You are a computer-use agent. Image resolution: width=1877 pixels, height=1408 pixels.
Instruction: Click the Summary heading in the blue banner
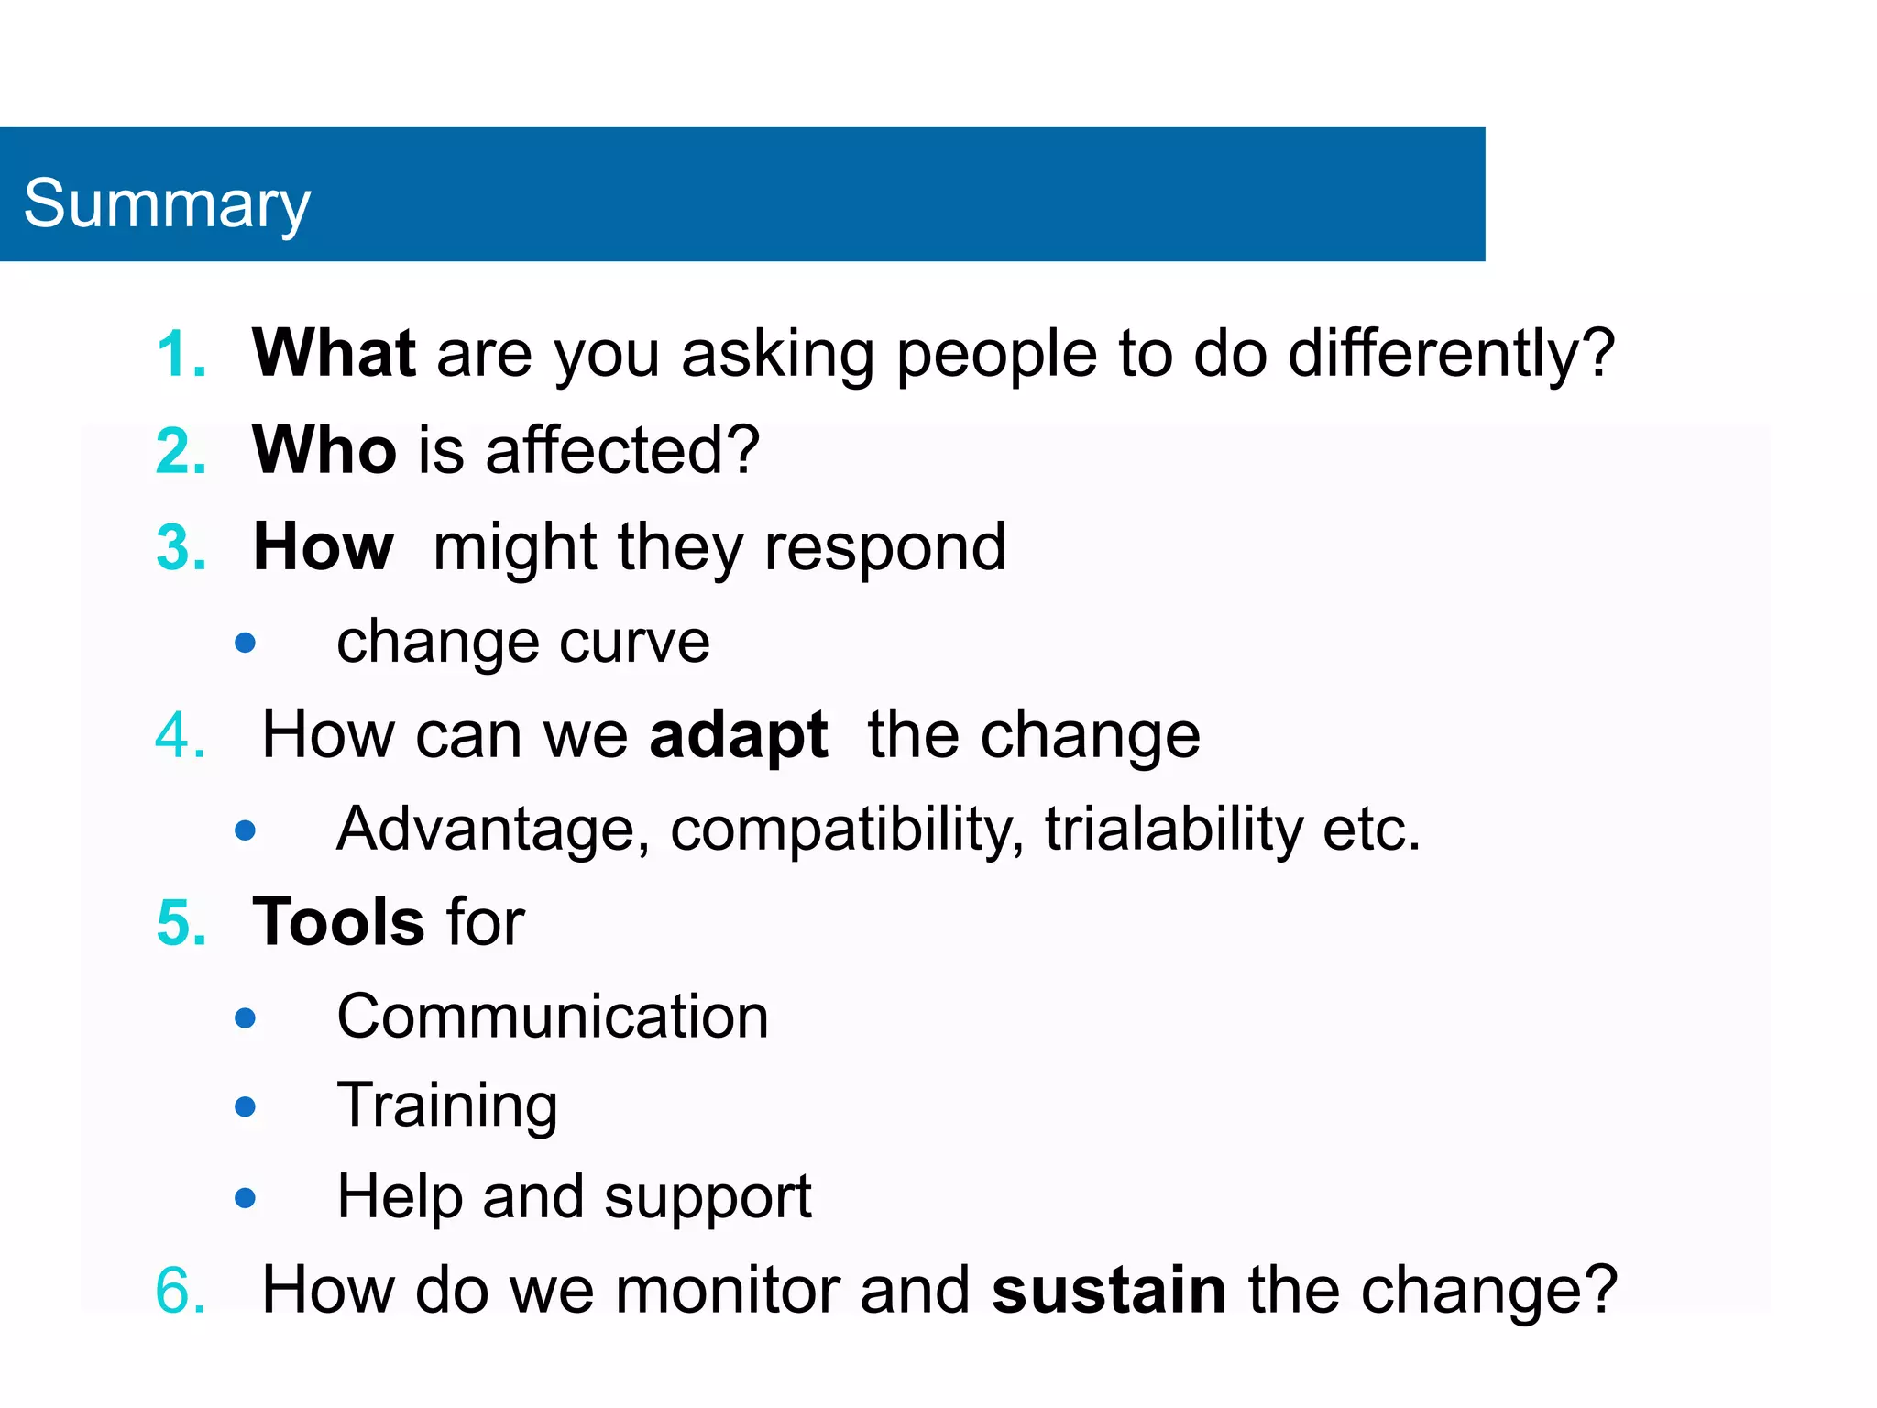coord(167,203)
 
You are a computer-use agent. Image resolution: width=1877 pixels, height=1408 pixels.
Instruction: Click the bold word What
coord(334,353)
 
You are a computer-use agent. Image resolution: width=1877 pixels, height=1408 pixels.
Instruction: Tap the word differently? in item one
coord(1450,355)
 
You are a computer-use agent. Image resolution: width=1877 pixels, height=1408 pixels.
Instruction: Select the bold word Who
coord(324,450)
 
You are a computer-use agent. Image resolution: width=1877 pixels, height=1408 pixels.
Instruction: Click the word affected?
coord(622,450)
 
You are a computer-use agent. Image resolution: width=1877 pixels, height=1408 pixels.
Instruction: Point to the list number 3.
coord(180,548)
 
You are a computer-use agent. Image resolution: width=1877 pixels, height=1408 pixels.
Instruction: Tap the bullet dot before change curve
coord(245,643)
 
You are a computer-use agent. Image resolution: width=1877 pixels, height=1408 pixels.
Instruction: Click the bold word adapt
coord(738,736)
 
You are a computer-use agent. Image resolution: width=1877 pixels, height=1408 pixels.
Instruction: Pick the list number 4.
coord(180,736)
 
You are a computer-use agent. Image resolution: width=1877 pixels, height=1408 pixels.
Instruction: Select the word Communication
coord(553,1017)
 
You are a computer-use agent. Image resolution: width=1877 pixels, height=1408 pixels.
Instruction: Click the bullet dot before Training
coord(245,1107)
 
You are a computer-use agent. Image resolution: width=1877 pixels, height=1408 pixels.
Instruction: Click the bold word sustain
coord(1108,1291)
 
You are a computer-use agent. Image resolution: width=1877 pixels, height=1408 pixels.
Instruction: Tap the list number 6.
coord(180,1291)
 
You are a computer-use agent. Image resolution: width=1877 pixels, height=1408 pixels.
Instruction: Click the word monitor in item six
coord(726,1291)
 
